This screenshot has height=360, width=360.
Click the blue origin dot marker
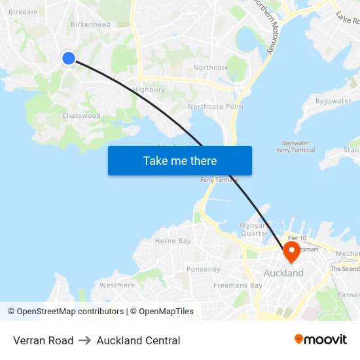(69, 58)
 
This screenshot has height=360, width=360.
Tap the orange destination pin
(291, 252)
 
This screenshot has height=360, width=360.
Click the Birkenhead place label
(90, 25)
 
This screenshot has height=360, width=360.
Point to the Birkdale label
(23, 12)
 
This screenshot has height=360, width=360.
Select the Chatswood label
(81, 116)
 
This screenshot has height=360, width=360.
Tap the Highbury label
(149, 90)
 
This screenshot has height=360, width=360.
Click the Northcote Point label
(215, 107)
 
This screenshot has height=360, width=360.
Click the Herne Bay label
(173, 241)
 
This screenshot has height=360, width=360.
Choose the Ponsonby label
(203, 269)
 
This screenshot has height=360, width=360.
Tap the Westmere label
(117, 285)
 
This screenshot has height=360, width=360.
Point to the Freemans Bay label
(238, 285)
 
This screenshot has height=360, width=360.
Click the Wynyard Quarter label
(252, 229)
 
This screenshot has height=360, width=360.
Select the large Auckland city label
(283, 273)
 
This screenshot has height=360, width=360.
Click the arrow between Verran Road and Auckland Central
(85, 340)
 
